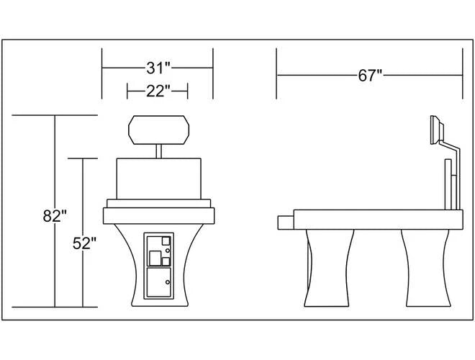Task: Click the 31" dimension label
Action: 159,68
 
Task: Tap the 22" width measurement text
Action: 158,91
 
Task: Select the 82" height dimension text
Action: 55,216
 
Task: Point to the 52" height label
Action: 84,243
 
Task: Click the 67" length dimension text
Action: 370,75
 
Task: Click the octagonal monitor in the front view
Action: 159,130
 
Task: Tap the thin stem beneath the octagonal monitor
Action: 159,151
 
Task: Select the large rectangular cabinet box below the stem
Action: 159,179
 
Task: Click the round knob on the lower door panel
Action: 168,282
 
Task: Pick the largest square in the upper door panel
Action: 155,258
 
